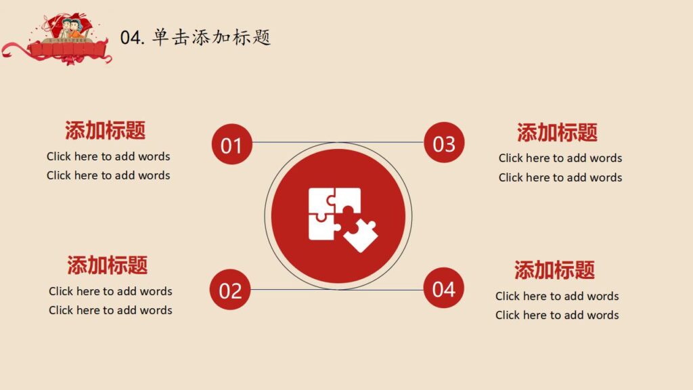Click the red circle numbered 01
tap(231, 145)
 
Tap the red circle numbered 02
tap(230, 290)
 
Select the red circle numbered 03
tap(444, 143)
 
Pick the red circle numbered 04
tap(444, 288)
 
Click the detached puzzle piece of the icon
tap(361, 234)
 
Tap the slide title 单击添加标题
tap(211, 37)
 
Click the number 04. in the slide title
tap(133, 38)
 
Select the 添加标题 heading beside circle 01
tap(106, 130)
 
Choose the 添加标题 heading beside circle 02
tap(108, 265)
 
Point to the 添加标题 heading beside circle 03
tap(558, 132)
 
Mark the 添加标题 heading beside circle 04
tap(555, 270)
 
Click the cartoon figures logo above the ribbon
tap(68, 28)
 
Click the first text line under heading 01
tap(108, 156)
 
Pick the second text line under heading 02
tap(110, 310)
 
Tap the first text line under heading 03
tap(560, 158)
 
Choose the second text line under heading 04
tap(557, 315)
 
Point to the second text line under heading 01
tap(108, 175)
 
